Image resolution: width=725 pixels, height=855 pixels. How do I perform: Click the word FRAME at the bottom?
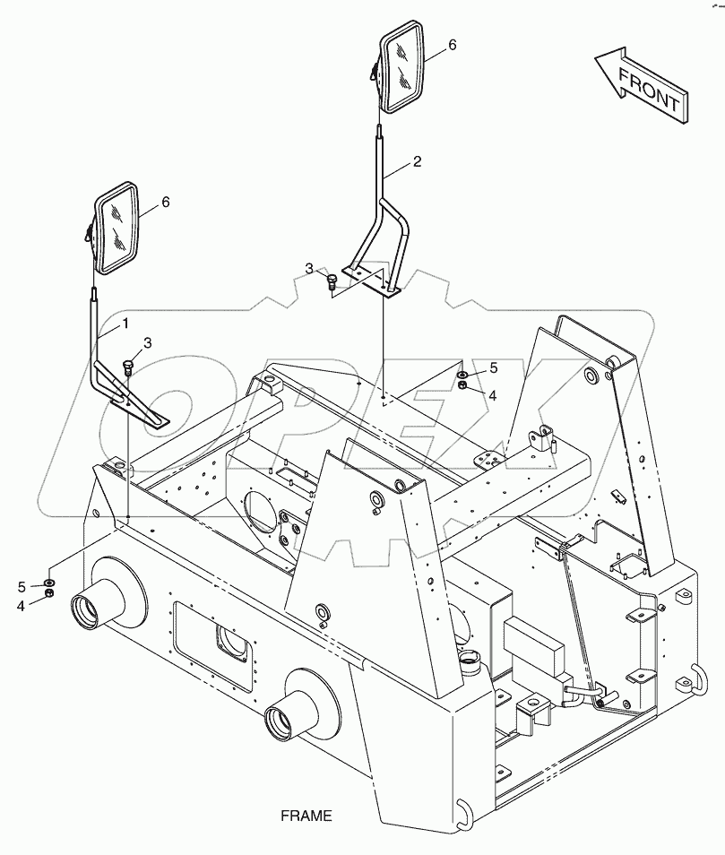[x=306, y=816]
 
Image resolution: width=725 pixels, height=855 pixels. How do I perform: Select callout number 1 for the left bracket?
[x=125, y=322]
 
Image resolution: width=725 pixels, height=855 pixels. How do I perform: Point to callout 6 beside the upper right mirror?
[x=452, y=44]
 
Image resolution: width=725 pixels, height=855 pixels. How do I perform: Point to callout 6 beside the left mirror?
[x=164, y=203]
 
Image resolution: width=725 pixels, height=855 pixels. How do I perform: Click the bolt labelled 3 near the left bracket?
[x=125, y=366]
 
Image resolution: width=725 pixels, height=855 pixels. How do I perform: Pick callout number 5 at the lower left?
[x=22, y=586]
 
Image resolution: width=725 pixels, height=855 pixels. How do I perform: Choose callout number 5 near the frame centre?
[x=492, y=367]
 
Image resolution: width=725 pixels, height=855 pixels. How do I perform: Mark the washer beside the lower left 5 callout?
[x=49, y=583]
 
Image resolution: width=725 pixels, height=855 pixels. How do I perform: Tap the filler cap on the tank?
[x=468, y=661]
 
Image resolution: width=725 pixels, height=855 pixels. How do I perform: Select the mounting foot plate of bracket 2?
[x=370, y=283]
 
